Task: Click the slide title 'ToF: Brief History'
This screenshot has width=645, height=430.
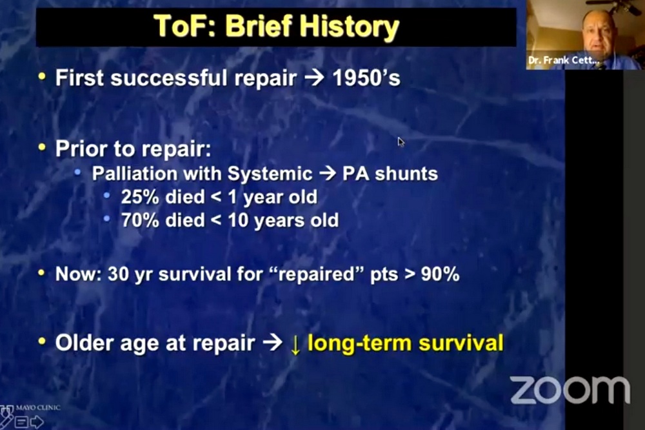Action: (276, 26)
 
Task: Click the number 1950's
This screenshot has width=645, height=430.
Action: (366, 78)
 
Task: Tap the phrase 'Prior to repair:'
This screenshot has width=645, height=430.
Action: (133, 149)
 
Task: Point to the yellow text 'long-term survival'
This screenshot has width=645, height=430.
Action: (405, 343)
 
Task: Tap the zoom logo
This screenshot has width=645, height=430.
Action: (570, 389)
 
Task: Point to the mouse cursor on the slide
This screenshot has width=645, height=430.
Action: (401, 141)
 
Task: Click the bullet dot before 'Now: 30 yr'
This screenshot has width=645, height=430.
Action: (42, 273)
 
